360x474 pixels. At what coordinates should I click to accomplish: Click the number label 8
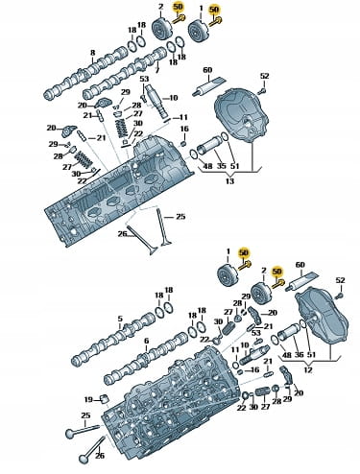[92, 53]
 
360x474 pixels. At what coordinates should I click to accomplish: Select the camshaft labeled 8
[85, 73]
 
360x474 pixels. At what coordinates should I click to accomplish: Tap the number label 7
[156, 69]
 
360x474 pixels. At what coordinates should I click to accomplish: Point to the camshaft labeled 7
[125, 73]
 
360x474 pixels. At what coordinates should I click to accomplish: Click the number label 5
[120, 319]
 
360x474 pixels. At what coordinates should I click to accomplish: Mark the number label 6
[146, 341]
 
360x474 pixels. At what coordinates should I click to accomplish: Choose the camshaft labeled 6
[146, 359]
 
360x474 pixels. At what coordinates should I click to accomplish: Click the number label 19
[88, 399]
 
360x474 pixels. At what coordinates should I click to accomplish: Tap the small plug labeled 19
[105, 399]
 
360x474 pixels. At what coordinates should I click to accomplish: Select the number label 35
[222, 166]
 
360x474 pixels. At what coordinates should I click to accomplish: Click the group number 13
[229, 181]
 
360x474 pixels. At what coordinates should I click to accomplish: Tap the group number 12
[308, 370]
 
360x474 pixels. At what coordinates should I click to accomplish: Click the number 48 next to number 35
[208, 166]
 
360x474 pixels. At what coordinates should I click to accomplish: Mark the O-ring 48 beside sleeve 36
[276, 340]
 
